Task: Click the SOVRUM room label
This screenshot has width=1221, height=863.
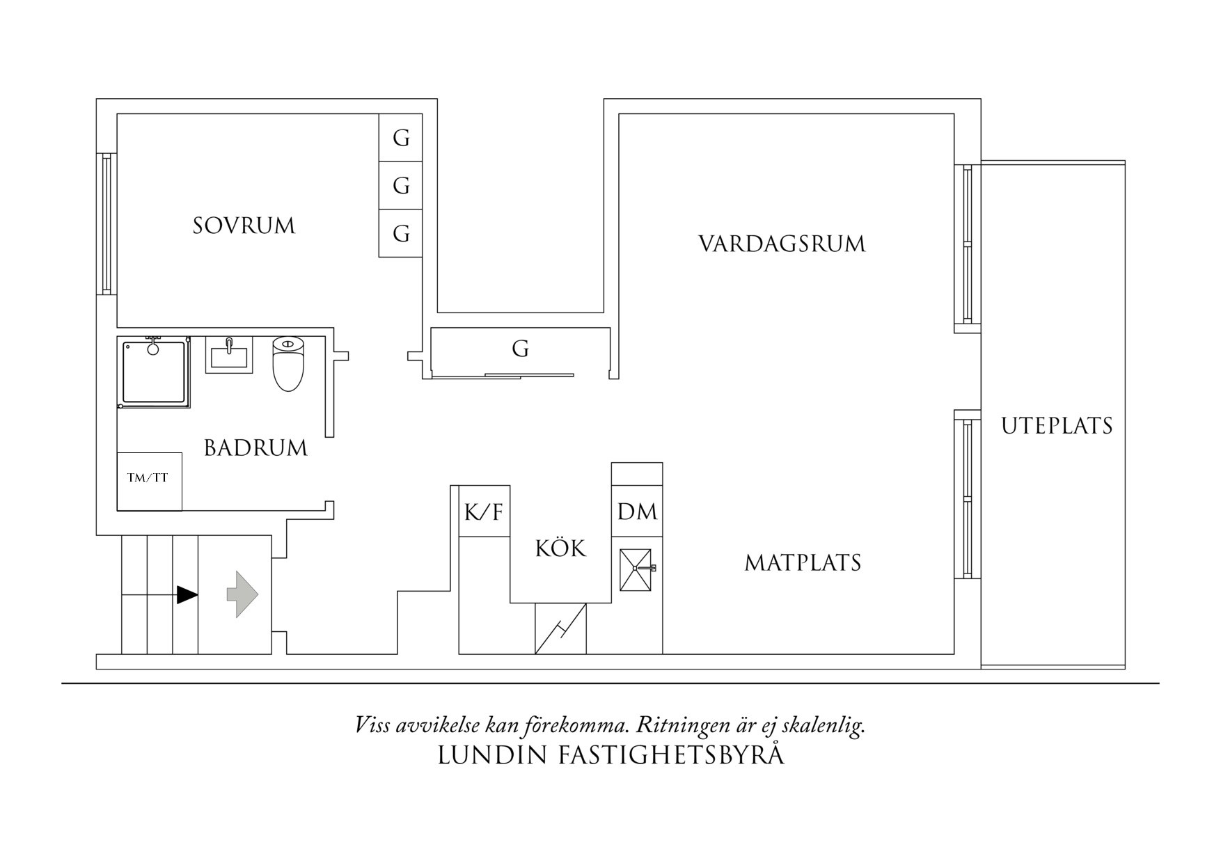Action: (244, 226)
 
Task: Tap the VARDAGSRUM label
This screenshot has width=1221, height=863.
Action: (781, 244)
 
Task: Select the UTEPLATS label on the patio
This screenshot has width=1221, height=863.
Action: (1056, 426)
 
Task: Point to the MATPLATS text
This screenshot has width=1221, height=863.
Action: (803, 562)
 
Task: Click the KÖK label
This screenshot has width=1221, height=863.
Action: (560, 548)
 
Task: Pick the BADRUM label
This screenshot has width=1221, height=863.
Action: (255, 448)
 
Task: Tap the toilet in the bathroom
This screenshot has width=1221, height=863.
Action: (289, 364)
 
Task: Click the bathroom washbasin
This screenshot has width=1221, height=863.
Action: (228, 355)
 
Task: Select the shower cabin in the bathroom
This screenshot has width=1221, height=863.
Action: (154, 373)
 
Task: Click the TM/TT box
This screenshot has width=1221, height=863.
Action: (149, 481)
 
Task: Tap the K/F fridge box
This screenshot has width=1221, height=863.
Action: (484, 513)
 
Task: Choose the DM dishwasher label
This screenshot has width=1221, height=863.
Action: (637, 512)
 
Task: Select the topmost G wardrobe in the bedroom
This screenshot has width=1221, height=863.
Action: (401, 138)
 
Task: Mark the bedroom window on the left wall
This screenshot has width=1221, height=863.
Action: (106, 223)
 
